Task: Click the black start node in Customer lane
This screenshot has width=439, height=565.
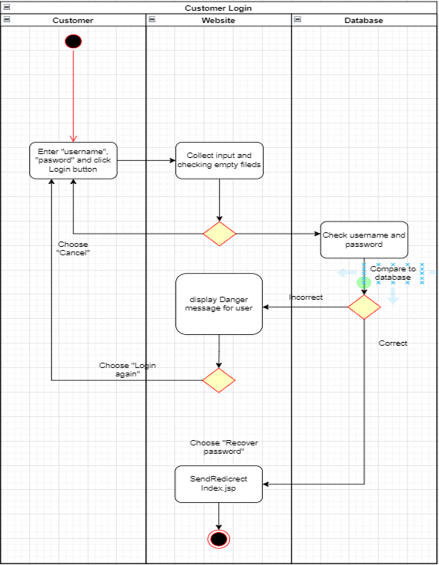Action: click(73, 42)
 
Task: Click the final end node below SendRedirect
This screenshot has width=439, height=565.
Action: click(219, 539)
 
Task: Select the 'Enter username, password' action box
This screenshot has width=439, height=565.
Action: click(73, 160)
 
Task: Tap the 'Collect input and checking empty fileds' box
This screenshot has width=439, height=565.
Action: click(219, 160)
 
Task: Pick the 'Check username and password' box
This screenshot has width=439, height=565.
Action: click(364, 240)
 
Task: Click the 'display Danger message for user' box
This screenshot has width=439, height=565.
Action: click(219, 304)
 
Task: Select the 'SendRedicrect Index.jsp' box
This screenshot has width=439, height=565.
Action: click(219, 484)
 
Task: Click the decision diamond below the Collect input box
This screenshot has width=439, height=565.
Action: click(219, 234)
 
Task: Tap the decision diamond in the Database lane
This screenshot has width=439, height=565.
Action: click(364, 307)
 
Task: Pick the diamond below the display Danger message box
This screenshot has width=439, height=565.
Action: click(219, 380)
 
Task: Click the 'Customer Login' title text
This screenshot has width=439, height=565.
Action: click(218, 8)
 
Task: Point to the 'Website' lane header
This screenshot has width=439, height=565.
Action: click(218, 20)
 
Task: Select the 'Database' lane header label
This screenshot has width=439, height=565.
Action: click(363, 20)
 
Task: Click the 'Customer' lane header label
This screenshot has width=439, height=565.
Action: click(73, 20)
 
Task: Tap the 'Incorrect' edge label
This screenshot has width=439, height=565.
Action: click(306, 297)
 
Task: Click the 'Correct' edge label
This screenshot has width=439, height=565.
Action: click(393, 343)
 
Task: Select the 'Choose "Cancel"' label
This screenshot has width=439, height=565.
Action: click(73, 248)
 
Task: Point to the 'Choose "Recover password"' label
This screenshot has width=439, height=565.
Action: click(224, 447)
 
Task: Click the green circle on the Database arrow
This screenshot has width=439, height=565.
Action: click(364, 282)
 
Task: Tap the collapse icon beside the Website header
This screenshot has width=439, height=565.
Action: click(152, 19)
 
